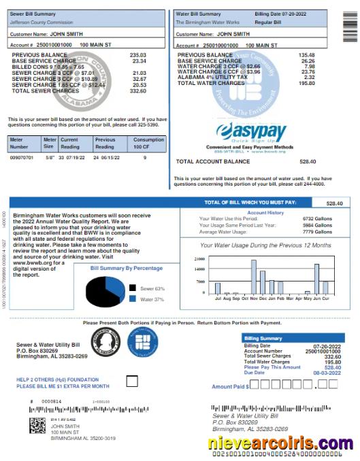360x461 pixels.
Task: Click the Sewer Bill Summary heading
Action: (31, 13)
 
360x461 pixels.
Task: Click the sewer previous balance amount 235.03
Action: (137, 54)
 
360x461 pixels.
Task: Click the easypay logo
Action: (250, 131)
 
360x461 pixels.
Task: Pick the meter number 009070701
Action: (21, 157)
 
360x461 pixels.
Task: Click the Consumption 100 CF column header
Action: (149, 143)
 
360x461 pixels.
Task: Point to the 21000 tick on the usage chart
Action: (199, 259)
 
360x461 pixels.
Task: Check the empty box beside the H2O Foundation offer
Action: (132, 381)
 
